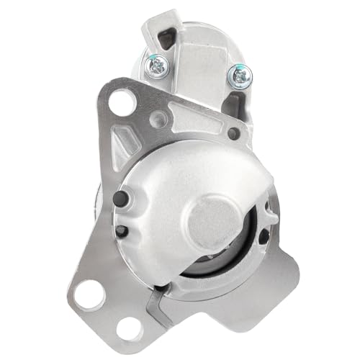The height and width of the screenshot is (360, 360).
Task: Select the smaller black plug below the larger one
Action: click(120, 230)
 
